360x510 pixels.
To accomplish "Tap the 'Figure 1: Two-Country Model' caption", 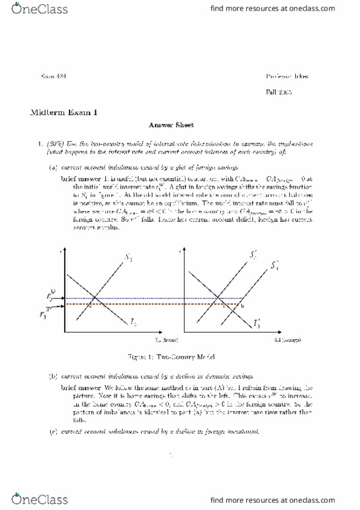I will point(179,355).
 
